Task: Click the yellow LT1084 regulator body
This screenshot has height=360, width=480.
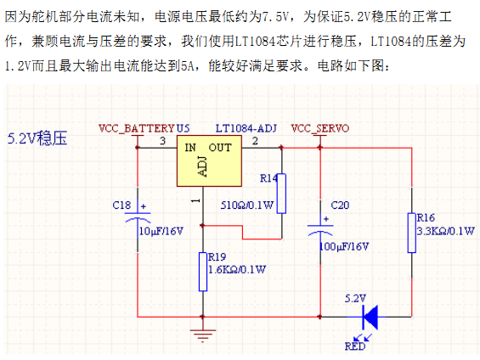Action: (x=209, y=160)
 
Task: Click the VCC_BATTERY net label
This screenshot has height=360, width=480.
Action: (x=137, y=128)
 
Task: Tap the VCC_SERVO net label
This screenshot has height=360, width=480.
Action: (x=320, y=128)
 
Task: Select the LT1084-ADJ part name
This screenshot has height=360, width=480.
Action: (x=246, y=128)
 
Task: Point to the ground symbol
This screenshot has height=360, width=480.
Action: (x=203, y=335)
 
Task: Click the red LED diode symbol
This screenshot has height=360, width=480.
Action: (x=370, y=318)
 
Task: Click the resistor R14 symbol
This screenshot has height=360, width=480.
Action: (x=282, y=194)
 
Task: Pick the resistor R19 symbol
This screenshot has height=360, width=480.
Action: (x=203, y=272)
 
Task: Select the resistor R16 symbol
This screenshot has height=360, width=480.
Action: (x=412, y=233)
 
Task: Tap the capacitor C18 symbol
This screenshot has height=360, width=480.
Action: (x=138, y=217)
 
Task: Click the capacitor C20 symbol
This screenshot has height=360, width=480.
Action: (x=320, y=230)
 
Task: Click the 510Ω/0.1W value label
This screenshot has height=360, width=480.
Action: (x=247, y=205)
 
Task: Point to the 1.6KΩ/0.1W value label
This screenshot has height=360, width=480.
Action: (x=237, y=269)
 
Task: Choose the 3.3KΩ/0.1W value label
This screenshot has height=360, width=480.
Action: (x=446, y=231)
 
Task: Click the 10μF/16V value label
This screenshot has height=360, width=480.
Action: (x=161, y=231)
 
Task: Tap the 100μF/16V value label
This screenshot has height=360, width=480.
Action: (x=344, y=246)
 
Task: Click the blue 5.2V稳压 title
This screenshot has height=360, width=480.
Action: (x=37, y=138)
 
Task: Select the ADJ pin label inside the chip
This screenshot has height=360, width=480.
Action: (x=203, y=166)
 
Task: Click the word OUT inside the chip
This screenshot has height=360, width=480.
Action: (x=220, y=148)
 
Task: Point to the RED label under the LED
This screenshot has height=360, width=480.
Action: (x=355, y=346)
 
